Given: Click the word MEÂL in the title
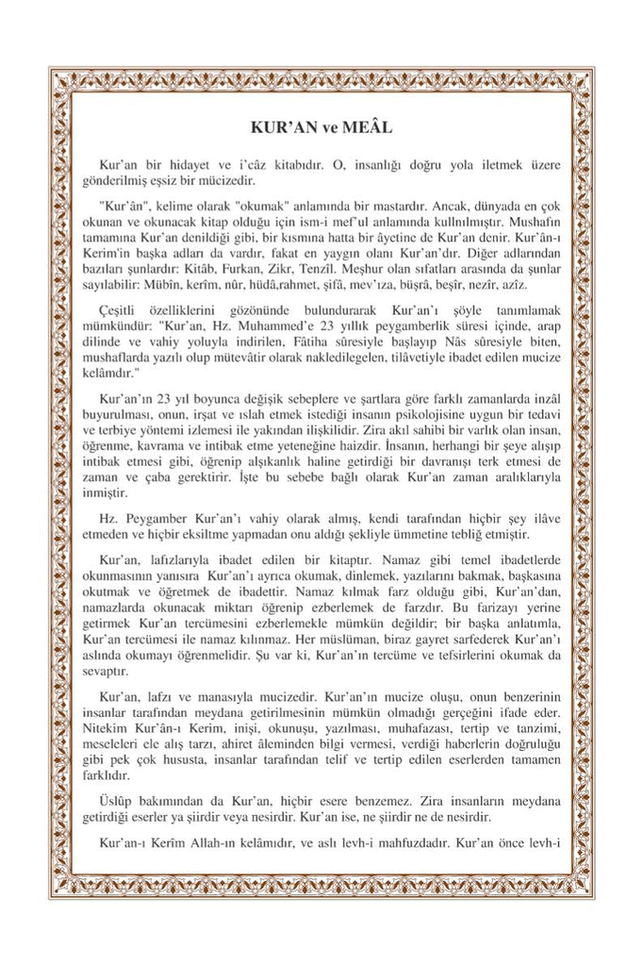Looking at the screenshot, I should pyautogui.click(x=371, y=125).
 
